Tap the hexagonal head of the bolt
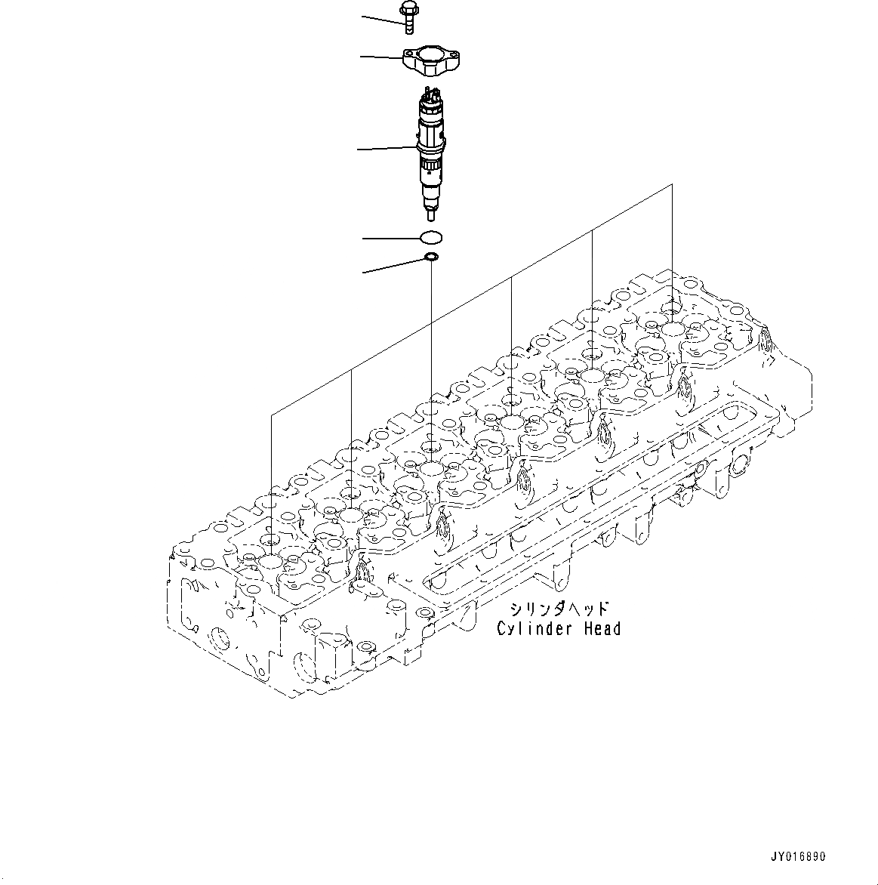(406, 8)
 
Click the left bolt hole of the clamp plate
(408, 53)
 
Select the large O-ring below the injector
(431, 238)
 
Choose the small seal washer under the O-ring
(431, 259)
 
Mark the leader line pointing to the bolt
(382, 20)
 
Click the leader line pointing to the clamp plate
(381, 56)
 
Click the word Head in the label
(601, 628)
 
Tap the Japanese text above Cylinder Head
(559, 609)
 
